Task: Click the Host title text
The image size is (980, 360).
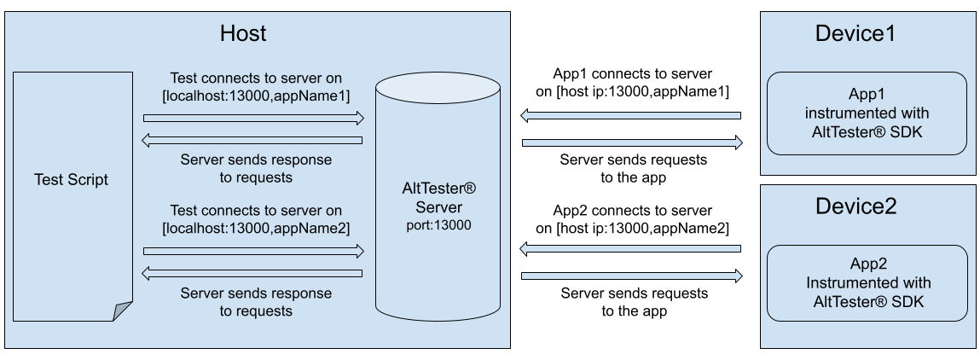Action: coord(243,33)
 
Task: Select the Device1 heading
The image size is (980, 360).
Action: coord(855,33)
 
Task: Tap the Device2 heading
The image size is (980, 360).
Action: coord(855,206)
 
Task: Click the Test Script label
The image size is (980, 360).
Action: coord(72,180)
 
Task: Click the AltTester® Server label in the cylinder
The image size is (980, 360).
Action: coord(438,199)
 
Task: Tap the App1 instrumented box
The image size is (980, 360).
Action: coord(867,113)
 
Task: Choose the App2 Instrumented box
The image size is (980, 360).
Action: coord(867,282)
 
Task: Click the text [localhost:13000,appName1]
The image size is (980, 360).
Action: coord(256,94)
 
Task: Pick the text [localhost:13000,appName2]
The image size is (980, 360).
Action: coord(256,228)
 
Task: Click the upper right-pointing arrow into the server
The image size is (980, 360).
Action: coord(253,117)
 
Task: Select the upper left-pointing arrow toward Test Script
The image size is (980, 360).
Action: coord(253,140)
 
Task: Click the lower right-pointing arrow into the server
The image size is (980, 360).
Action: coord(253,251)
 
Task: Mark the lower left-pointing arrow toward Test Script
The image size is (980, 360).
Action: coord(253,274)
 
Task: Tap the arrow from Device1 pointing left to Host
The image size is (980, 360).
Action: coord(630,115)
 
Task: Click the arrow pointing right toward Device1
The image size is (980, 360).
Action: coord(632,142)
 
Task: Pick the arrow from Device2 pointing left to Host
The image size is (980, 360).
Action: coord(630,249)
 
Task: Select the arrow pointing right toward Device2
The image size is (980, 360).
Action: coord(632,276)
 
